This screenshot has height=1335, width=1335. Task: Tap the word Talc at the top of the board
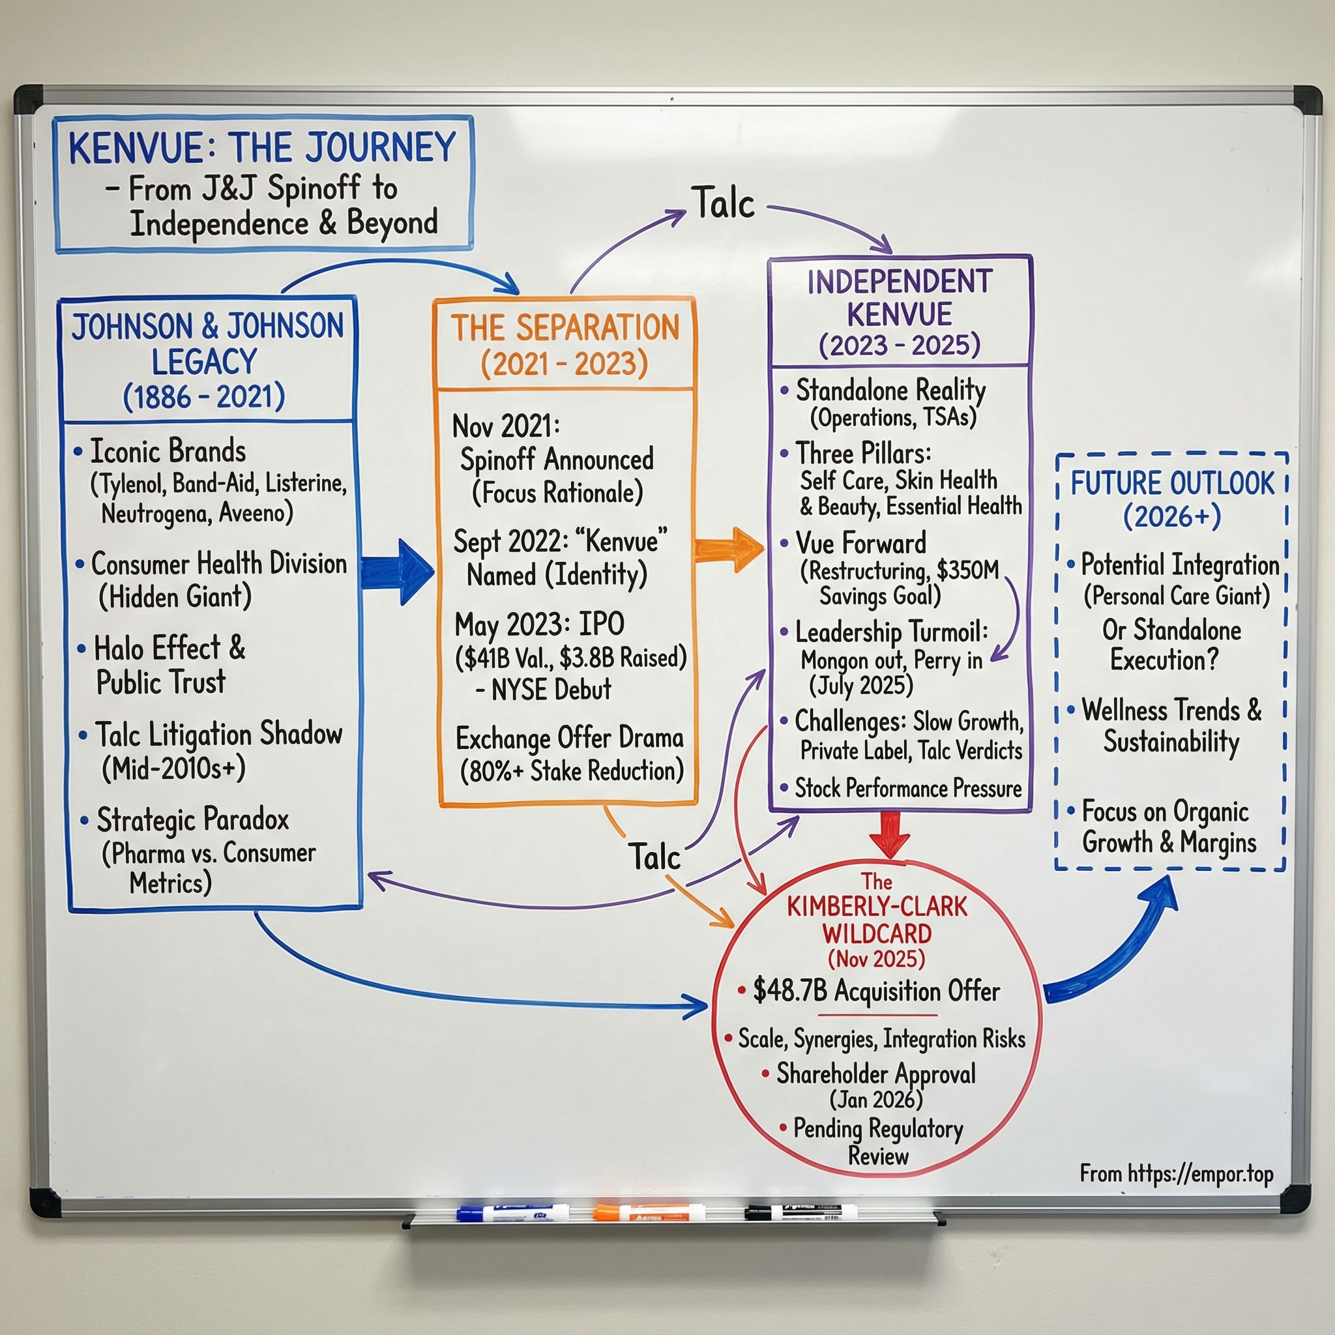(x=723, y=203)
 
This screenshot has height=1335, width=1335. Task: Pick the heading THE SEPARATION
(x=565, y=327)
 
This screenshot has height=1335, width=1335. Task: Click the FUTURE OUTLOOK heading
(x=1172, y=482)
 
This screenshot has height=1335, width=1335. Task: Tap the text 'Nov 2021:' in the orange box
(x=505, y=426)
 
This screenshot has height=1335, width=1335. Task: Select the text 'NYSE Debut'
(x=551, y=690)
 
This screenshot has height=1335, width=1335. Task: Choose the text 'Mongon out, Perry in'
(x=890, y=660)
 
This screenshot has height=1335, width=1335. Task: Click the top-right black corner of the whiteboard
(x=1306, y=100)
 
